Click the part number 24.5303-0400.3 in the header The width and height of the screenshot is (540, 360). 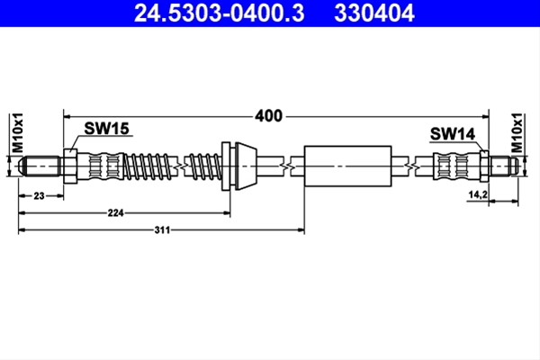[219, 13]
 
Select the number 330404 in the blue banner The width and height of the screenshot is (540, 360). [374, 13]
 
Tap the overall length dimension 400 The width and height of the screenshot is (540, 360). [268, 116]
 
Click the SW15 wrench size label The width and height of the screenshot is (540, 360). [106, 129]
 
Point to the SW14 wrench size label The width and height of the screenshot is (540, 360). [453, 134]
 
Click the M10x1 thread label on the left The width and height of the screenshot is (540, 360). [17, 132]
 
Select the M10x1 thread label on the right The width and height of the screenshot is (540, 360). [517, 132]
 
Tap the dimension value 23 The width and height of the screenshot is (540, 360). [39, 195]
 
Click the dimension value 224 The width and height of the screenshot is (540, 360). [115, 213]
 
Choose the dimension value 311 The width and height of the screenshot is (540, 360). [162, 229]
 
